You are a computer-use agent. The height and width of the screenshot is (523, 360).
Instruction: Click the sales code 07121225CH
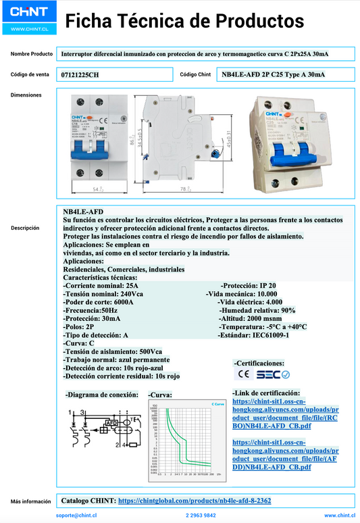(80, 74)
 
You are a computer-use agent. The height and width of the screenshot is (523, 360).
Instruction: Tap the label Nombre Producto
(32, 53)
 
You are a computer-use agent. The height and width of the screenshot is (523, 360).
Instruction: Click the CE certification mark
(243, 374)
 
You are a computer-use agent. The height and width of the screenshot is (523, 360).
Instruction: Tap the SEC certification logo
(273, 374)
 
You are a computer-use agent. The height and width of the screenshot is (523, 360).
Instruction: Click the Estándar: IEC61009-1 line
(253, 334)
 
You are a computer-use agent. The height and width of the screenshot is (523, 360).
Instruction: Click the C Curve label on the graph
(217, 403)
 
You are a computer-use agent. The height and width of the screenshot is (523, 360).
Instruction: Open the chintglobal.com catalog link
(194, 501)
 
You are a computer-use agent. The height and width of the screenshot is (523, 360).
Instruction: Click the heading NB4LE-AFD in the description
(83, 211)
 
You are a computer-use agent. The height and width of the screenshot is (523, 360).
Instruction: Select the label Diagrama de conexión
(102, 393)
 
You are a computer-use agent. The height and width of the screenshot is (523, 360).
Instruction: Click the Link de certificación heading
(265, 393)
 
